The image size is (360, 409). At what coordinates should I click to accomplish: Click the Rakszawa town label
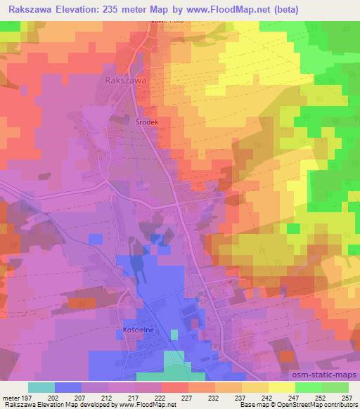[x=125, y=81]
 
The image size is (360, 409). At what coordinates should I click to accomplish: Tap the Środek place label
[x=147, y=121]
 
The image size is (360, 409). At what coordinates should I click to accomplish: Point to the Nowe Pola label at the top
[x=162, y=22]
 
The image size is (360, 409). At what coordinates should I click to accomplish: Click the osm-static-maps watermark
[x=326, y=375]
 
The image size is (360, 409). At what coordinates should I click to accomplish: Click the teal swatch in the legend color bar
[x=41, y=387]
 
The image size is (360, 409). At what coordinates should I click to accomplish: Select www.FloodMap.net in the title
[x=230, y=9]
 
